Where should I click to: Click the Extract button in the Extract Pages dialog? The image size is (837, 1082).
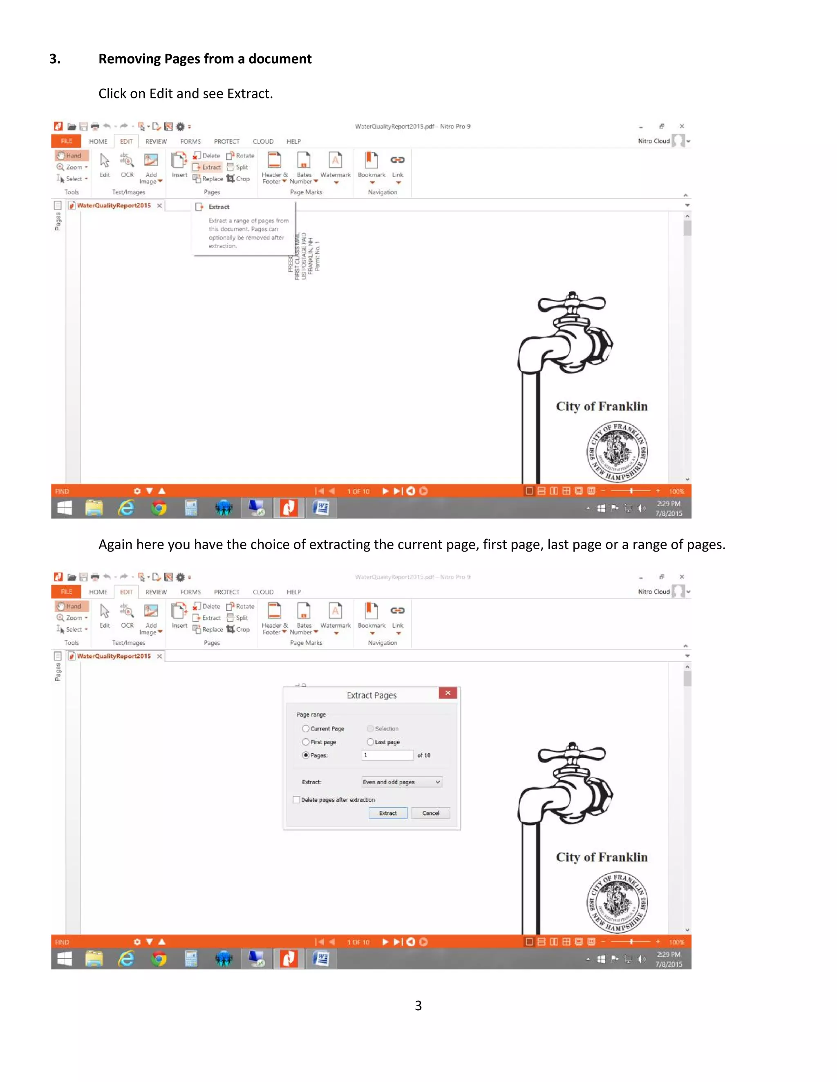[x=388, y=813]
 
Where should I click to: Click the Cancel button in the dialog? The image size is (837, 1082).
[x=430, y=813]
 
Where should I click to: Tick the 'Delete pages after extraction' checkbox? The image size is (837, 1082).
[x=297, y=799]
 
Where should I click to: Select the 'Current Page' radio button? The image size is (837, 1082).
[x=306, y=729]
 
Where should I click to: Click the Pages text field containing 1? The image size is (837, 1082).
[x=387, y=755]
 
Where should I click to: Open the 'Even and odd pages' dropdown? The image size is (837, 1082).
[x=402, y=782]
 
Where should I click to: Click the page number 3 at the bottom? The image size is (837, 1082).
[x=418, y=1005]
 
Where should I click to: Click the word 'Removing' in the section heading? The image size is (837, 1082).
[x=130, y=59]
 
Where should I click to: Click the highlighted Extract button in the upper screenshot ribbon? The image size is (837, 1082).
[x=207, y=167]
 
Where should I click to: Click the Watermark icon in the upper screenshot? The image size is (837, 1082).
[x=335, y=161]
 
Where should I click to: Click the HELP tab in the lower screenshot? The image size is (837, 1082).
[x=293, y=592]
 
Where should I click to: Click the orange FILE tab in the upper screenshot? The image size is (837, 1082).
[x=67, y=141]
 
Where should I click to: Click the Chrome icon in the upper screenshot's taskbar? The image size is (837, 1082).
[x=159, y=508]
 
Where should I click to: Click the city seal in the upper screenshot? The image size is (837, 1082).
[x=617, y=451]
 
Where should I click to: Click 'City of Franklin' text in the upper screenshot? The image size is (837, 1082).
[x=602, y=406]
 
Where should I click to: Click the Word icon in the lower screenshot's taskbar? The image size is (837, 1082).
[x=321, y=959]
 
